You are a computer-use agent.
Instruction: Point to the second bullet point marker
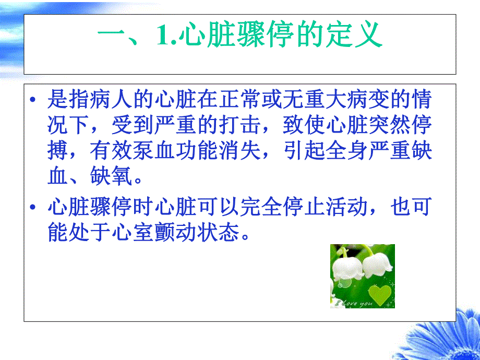(34, 207)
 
